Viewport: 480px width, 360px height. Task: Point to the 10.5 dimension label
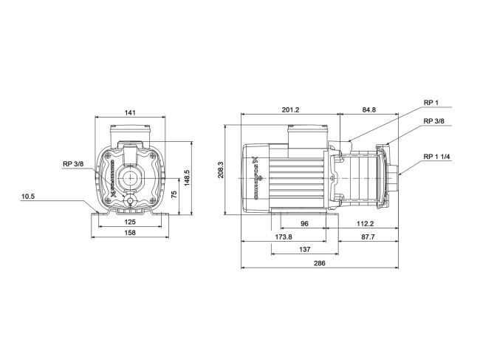point(48,196)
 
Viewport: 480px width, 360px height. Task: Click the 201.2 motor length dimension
point(290,110)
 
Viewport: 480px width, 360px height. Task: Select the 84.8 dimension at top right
point(367,110)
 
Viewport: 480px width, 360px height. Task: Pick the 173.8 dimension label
point(283,237)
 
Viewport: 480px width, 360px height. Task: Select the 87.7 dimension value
point(367,237)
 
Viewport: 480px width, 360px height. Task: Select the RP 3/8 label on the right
point(433,121)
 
